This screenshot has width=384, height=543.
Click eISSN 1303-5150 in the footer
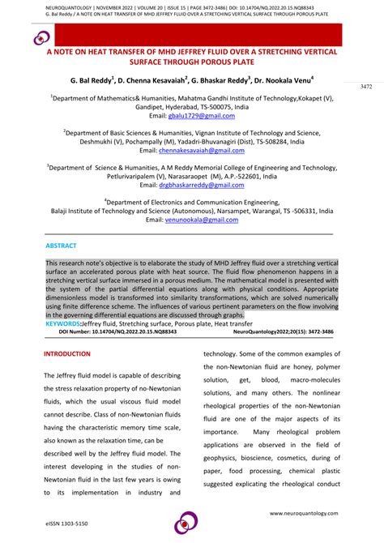(66, 524)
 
